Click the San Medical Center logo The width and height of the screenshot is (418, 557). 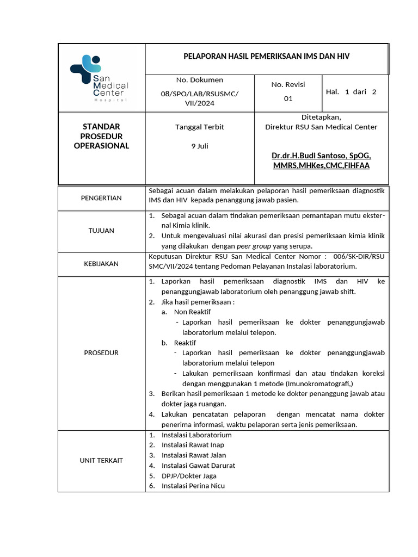coord(99,78)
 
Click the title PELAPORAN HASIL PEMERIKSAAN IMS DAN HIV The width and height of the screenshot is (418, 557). coord(266,57)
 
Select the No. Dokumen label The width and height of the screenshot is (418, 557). coord(199,80)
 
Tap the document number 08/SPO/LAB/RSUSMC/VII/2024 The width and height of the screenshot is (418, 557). coord(199,98)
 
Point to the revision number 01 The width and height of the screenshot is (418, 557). coord(288,98)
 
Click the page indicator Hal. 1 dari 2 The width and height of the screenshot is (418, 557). coord(351,92)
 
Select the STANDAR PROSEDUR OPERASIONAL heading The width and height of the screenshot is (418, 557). coord(101,136)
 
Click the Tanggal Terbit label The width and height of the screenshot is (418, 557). coord(199,127)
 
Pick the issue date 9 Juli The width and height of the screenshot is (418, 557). coord(199,146)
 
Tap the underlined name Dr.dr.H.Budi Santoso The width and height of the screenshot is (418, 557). coord(321,156)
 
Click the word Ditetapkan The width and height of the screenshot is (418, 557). coord(321,117)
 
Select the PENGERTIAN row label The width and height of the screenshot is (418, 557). coord(101,198)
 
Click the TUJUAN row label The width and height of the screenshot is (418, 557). coord(101,231)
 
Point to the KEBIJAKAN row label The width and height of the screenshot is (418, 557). coord(101,263)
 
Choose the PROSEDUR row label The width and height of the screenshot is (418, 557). coord(101,352)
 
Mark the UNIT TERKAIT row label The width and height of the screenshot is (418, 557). coord(101,460)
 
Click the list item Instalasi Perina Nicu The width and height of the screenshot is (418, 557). coord(193,486)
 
